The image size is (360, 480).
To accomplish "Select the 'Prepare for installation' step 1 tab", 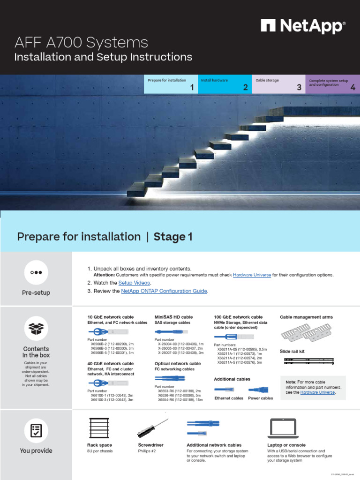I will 171,84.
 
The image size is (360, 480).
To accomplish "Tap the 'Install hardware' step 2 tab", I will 225,84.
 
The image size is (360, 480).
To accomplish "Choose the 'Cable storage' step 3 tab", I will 278,84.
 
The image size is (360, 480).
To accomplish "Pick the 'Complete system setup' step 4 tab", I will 332,84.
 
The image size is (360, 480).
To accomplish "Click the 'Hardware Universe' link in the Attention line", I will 252,275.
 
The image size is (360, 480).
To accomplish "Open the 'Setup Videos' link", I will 134,283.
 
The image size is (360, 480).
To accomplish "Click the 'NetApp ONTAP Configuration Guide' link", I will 164,291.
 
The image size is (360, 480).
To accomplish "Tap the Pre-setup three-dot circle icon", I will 36,272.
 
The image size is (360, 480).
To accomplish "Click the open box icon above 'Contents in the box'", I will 36,328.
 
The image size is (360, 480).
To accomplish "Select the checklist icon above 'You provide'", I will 36,430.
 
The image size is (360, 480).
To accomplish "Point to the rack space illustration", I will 99,428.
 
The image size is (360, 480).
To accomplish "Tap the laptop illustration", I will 283,428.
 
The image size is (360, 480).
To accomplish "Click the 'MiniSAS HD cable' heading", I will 173,317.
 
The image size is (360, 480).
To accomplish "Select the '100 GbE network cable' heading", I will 238,317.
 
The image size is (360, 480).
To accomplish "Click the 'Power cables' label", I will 260,398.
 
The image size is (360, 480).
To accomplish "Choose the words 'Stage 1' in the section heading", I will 173,237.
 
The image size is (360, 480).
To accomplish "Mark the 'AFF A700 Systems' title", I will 82,43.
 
